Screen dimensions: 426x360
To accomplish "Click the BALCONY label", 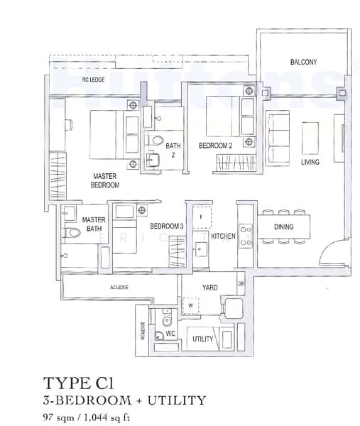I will point(303,62).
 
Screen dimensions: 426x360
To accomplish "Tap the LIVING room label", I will point(310,162).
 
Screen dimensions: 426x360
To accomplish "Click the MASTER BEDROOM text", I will point(104,180).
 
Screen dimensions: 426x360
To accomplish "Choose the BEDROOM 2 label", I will point(215,146).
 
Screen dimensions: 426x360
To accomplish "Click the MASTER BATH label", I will point(93,224).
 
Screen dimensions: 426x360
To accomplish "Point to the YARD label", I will point(209,288).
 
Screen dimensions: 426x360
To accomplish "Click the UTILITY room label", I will point(202,339).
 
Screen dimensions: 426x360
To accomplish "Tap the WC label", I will point(170,332).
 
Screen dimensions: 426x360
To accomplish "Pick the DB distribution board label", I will point(241,284).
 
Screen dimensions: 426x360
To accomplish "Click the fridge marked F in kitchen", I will point(201,216).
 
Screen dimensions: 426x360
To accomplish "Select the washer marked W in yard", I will point(190,306).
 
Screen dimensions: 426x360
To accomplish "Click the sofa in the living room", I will point(275,133).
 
